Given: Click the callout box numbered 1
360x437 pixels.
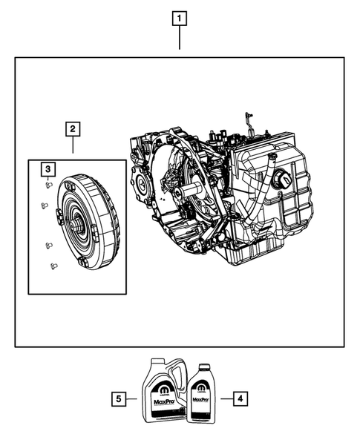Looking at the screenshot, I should click(x=179, y=17).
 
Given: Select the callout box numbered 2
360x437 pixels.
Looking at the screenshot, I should click(x=72, y=130).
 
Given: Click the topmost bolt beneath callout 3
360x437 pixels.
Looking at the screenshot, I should click(x=47, y=186).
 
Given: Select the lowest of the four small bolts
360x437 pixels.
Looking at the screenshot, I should click(x=52, y=265).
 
